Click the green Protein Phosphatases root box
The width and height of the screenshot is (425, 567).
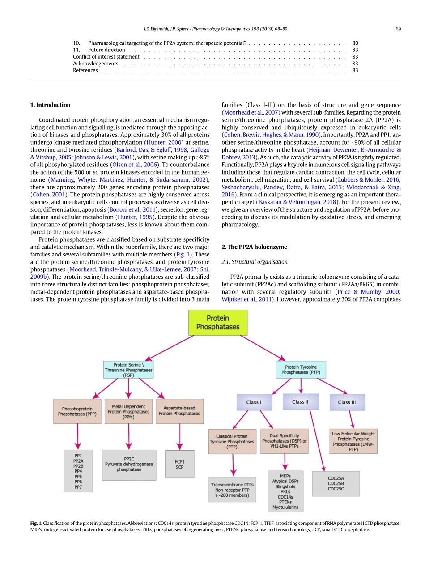pyautogui.click(x=217, y=323)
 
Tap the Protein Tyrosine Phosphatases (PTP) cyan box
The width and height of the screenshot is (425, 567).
pyautogui.click(x=301, y=370)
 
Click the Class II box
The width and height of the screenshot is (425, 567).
pyautogui.click(x=300, y=402)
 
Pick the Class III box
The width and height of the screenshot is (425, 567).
pyautogui.click(x=347, y=402)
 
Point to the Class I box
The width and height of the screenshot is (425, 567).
pyautogui.click(x=254, y=402)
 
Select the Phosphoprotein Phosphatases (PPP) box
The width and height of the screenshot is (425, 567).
pyautogui.click(x=77, y=411)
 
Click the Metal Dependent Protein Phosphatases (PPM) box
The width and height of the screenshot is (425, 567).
pyautogui.click(x=128, y=411)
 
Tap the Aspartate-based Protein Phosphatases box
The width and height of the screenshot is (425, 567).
pyautogui.click(x=179, y=411)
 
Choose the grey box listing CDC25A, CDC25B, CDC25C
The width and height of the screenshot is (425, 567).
pyautogui.click(x=336, y=483)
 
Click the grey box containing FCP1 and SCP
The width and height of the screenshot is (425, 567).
pyautogui.click(x=179, y=464)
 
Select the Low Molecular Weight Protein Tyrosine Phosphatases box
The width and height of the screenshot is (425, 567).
pyautogui.click(x=353, y=441)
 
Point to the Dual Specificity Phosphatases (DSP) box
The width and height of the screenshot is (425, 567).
pyautogui.click(x=285, y=441)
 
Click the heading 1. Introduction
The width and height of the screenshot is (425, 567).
pyautogui.click(x=50, y=105)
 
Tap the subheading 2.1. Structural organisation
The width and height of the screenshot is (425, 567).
pyautogui.click(x=255, y=262)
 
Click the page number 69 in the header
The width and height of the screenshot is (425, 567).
pyautogui.click(x=398, y=29)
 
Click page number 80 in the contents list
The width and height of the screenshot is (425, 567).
pyautogui.click(x=355, y=43)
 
